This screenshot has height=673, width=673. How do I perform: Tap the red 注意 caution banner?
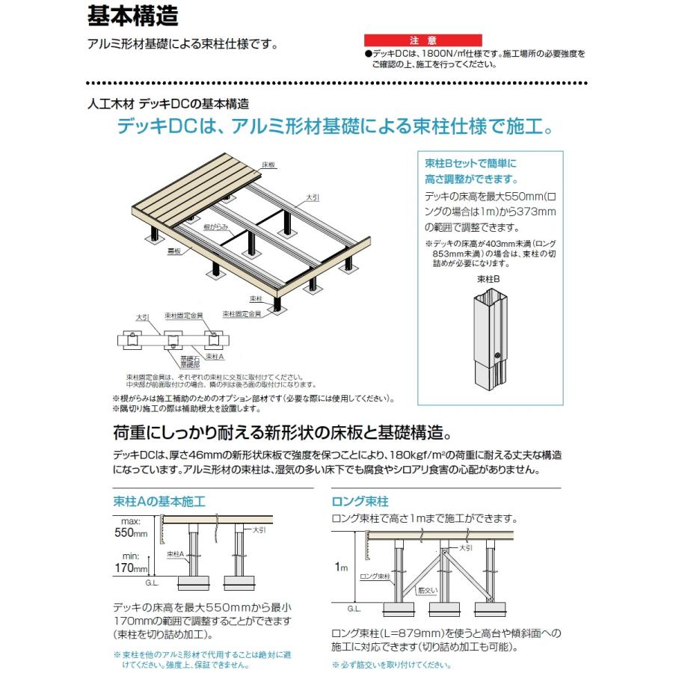coord(417,40)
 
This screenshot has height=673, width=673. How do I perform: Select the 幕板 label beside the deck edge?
coord(173,254)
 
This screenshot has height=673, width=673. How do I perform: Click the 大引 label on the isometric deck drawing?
coord(312,197)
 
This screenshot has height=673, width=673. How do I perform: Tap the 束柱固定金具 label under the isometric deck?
coord(243,314)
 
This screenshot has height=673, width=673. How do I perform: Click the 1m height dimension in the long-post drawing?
coord(344,568)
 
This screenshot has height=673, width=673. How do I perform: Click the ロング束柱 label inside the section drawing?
coord(376,577)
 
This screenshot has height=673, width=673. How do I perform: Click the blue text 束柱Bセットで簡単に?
coord(470,162)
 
